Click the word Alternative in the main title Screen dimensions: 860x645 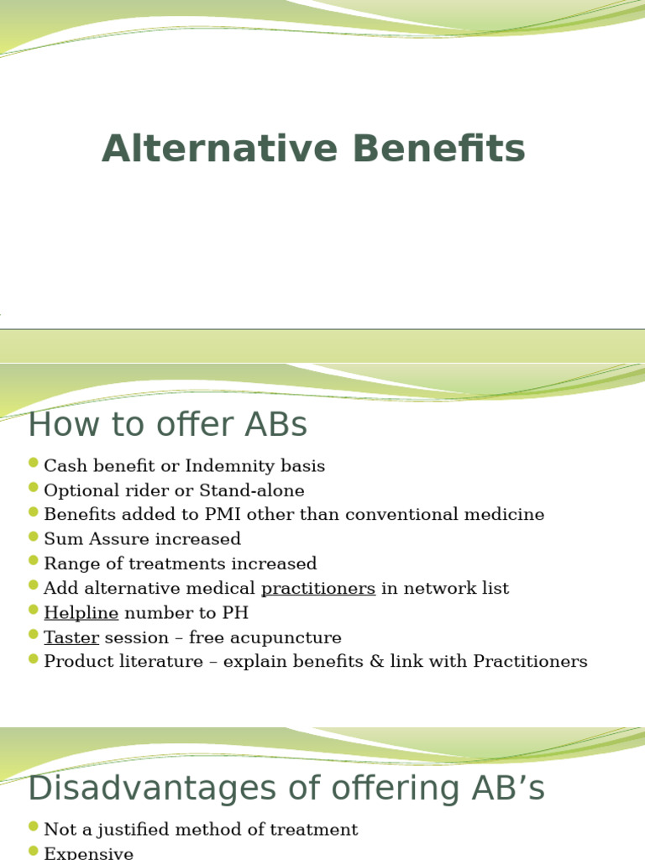(221, 149)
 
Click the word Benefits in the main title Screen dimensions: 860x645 (439, 149)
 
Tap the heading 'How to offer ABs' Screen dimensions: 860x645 (167, 425)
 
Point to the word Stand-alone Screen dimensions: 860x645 (255, 490)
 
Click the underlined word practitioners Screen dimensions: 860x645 (318, 588)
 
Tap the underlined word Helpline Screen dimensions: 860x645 (81, 613)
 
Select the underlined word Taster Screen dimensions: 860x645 (71, 637)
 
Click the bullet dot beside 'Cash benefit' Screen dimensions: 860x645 (34, 463)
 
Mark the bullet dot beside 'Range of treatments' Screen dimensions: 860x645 (34, 560)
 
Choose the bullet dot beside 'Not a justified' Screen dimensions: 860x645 (34, 826)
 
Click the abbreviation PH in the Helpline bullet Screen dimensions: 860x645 (237, 613)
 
